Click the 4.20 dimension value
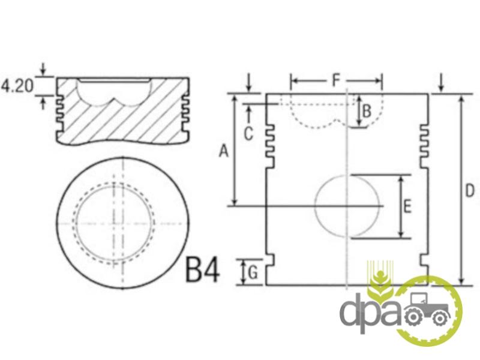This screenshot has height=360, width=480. (x=17, y=86)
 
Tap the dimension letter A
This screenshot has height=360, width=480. (x=224, y=151)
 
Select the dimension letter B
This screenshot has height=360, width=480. (x=367, y=111)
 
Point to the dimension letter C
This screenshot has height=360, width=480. (x=248, y=134)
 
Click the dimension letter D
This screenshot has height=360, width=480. (x=470, y=190)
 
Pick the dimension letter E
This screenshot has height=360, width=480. (x=407, y=206)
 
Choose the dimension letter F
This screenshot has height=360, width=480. (x=336, y=80)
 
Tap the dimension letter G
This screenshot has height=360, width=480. (x=253, y=272)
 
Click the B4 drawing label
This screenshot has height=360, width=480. (x=203, y=269)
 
